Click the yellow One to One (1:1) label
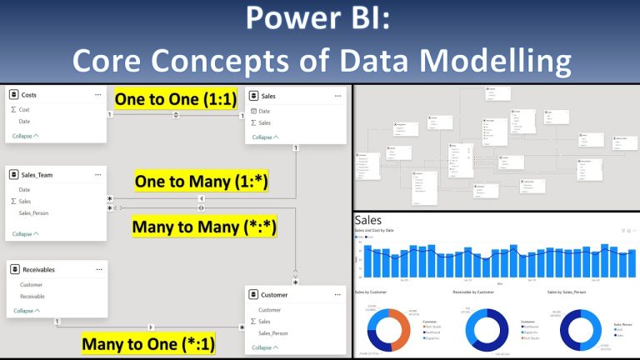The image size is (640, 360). tap(175, 100)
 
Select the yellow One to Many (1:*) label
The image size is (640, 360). tap(201, 180)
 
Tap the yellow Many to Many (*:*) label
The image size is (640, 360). tap(204, 226)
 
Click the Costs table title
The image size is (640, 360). tap(28, 95)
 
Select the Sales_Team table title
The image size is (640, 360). tap(36, 174)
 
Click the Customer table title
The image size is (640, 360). tap(274, 294)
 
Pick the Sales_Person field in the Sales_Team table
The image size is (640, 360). tap(33, 213)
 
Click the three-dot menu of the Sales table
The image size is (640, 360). tap(336, 96)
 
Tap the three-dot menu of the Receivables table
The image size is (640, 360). tap(97, 269)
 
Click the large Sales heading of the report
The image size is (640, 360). tap(367, 220)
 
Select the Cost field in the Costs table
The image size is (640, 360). tap(24, 109)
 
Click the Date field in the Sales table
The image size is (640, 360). tap(264, 110)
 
